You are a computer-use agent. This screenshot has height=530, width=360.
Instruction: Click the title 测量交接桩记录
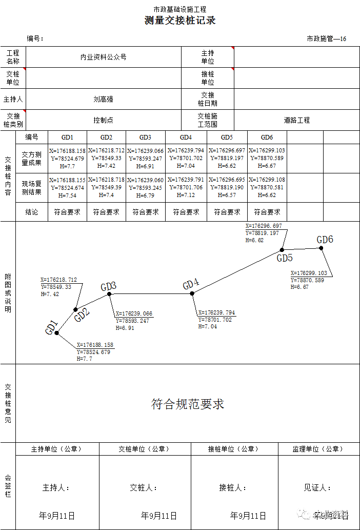point(180,21)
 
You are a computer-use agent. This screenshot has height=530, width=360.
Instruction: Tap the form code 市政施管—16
point(326,39)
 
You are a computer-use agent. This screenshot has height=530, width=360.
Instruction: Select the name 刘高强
point(103,99)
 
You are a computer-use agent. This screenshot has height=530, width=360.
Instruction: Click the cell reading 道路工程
point(297,120)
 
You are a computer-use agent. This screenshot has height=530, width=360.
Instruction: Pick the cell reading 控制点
point(103,120)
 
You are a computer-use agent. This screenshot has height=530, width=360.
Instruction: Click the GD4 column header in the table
point(186,138)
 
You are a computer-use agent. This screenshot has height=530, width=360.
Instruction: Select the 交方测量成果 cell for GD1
point(67,159)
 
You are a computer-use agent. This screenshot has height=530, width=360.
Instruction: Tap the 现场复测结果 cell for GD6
point(267,188)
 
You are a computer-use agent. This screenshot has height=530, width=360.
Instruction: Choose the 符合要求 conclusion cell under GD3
point(146,212)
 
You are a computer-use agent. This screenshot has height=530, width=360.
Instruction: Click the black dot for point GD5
point(282,250)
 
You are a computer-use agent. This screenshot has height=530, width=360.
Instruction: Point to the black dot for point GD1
point(56,333)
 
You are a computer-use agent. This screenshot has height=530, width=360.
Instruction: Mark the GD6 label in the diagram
point(325,240)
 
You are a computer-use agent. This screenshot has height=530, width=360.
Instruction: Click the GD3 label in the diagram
point(108,286)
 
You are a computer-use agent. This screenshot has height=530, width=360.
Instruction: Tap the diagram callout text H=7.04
point(208,326)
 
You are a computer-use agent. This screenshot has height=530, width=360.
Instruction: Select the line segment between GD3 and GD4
point(151,293)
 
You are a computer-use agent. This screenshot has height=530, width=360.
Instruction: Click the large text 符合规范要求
point(188,404)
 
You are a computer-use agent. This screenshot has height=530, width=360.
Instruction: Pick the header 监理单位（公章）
point(318,449)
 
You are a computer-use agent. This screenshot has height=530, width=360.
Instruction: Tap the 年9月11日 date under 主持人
point(57,516)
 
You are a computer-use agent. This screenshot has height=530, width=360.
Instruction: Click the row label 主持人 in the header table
point(13,99)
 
